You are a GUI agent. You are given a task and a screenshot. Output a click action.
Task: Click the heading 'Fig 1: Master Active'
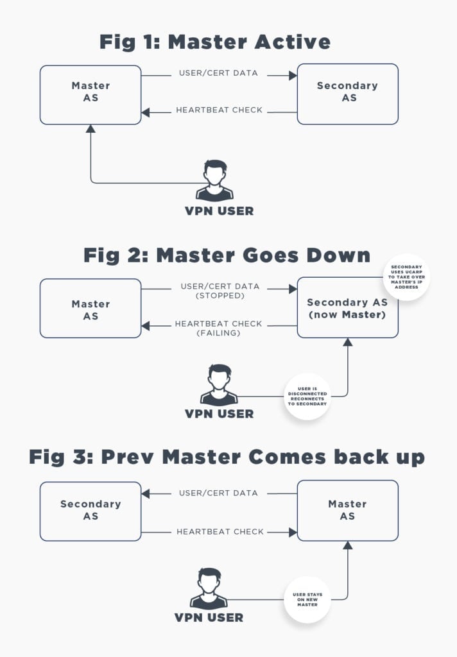(214, 42)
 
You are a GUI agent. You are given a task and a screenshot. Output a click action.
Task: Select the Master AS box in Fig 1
(91, 94)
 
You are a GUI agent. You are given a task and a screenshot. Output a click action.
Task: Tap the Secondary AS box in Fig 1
(347, 94)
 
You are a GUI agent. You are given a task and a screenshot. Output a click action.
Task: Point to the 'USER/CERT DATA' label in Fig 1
(218, 73)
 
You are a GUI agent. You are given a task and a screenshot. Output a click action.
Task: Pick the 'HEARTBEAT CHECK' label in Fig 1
(219, 110)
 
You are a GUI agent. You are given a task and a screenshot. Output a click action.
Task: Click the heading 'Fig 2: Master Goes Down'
(227, 255)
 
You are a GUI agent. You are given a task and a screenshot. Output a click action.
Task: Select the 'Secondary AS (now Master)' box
(347, 308)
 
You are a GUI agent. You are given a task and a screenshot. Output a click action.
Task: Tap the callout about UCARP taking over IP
(406, 277)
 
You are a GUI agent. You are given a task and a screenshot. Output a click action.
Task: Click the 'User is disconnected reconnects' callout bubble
(307, 396)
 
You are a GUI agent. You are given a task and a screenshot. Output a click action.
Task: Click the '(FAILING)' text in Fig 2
(218, 333)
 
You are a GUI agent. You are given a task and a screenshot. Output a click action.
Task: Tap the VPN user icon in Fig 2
(219, 386)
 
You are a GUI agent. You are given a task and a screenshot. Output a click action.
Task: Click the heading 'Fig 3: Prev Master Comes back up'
(227, 457)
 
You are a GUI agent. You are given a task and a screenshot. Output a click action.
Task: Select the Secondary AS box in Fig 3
(91, 510)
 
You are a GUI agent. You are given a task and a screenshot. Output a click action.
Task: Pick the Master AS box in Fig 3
(347, 510)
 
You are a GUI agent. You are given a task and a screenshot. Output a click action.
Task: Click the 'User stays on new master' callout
(307, 600)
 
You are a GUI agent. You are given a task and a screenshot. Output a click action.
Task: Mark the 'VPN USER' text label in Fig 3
(209, 618)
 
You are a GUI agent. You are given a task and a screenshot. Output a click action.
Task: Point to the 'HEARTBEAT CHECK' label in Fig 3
(219, 532)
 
